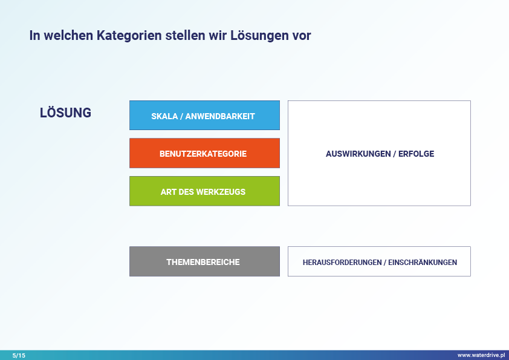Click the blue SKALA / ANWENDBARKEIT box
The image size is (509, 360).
(x=204, y=116)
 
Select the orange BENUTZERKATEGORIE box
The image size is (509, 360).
(x=204, y=153)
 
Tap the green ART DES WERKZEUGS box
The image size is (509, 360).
(x=204, y=191)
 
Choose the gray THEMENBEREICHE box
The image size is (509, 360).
(x=204, y=261)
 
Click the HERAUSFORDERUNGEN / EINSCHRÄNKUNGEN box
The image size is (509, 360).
(x=379, y=261)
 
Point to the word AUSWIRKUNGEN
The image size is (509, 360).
(x=358, y=154)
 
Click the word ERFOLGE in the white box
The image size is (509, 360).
(x=416, y=154)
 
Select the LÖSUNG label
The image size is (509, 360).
(x=65, y=112)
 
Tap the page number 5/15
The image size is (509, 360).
(x=19, y=355)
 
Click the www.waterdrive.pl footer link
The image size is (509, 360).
(x=481, y=355)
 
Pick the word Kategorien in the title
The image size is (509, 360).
(x=129, y=36)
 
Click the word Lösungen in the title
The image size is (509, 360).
(x=259, y=36)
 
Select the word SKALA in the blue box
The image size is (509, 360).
(x=164, y=116)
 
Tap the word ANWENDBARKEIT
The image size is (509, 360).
(x=220, y=116)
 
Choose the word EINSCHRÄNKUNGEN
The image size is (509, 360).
(x=423, y=262)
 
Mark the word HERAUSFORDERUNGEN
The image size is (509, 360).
(x=342, y=262)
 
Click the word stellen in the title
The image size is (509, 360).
(x=185, y=36)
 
